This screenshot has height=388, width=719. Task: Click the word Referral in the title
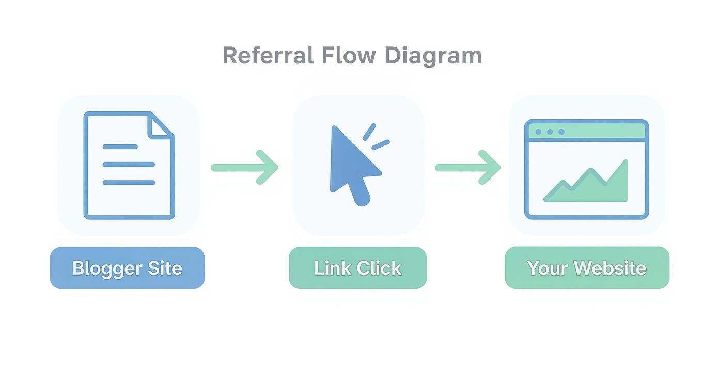268,55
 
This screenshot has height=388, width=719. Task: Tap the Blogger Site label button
127,268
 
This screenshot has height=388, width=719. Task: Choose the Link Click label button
357,268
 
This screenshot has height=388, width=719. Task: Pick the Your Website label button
587,268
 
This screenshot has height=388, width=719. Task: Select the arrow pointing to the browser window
468,167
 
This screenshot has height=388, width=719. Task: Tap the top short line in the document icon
120,147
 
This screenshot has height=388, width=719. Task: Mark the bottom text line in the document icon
129,183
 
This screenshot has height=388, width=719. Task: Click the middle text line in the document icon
129,165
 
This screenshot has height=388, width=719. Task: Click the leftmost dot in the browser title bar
538,132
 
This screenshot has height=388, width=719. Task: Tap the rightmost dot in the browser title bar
561,132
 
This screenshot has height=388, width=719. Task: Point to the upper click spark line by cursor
369,132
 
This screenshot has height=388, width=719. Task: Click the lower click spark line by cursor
381,145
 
